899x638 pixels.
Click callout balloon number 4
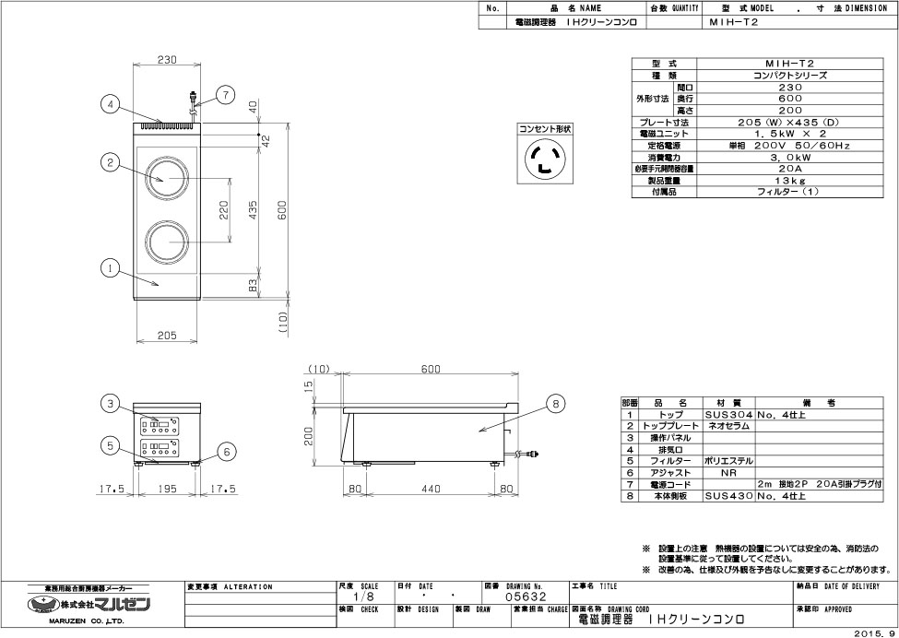(110, 104)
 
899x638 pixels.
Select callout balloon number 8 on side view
(554, 402)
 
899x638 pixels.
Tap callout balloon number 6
(224, 451)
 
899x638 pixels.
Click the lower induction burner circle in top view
(167, 242)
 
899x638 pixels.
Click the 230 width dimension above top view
(166, 60)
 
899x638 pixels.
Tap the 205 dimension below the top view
(166, 336)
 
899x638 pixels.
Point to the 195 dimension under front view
(166, 489)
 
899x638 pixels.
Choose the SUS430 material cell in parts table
(729, 495)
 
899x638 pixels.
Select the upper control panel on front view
(159, 426)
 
